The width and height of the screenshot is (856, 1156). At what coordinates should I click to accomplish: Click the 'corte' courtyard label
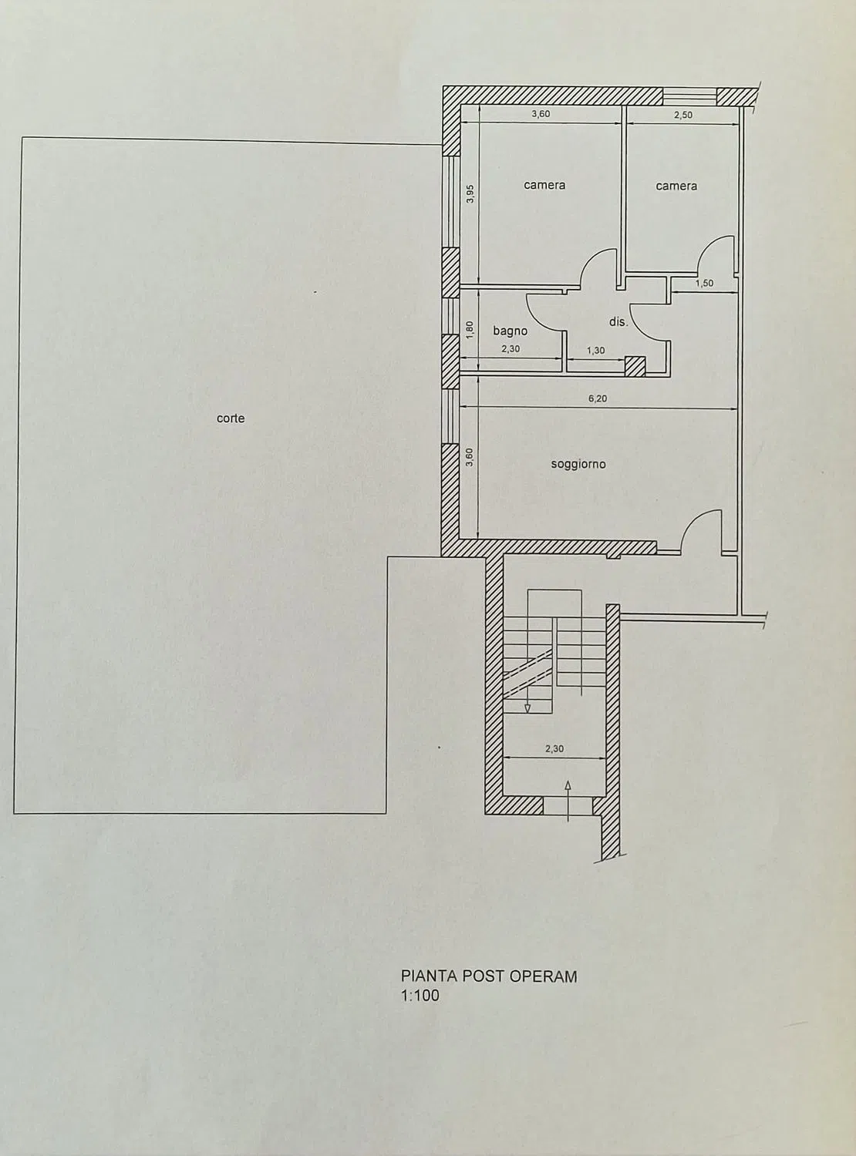pos(231,418)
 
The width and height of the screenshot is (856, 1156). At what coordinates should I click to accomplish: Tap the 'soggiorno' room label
pos(578,464)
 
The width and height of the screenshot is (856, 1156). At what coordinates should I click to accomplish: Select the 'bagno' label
pos(511,331)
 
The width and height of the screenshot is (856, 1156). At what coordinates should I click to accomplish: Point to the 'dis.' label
pos(618,322)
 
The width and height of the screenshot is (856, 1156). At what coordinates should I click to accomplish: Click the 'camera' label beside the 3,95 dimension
pos(544,185)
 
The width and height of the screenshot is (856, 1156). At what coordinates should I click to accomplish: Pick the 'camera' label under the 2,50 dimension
pos(676,186)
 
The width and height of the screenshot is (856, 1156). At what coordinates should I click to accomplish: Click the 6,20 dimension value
pos(597,398)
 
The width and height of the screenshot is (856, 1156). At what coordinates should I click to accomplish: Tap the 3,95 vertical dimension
pos(470,193)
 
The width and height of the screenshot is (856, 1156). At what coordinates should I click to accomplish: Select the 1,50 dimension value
pos(704,284)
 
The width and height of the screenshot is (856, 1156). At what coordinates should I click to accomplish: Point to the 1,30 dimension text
pos(595,351)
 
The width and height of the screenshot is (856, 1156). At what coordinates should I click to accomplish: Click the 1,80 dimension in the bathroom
pos(470,330)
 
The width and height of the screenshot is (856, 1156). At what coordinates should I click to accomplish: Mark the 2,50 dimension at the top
pos(683,115)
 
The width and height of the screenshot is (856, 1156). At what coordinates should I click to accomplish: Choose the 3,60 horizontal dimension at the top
pos(541,114)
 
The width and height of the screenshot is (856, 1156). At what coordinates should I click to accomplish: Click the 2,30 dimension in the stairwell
pos(554,749)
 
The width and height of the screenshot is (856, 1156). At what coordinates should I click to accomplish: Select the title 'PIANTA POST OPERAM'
pos(489,976)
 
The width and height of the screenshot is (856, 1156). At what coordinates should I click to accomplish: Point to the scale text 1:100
pos(420,996)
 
